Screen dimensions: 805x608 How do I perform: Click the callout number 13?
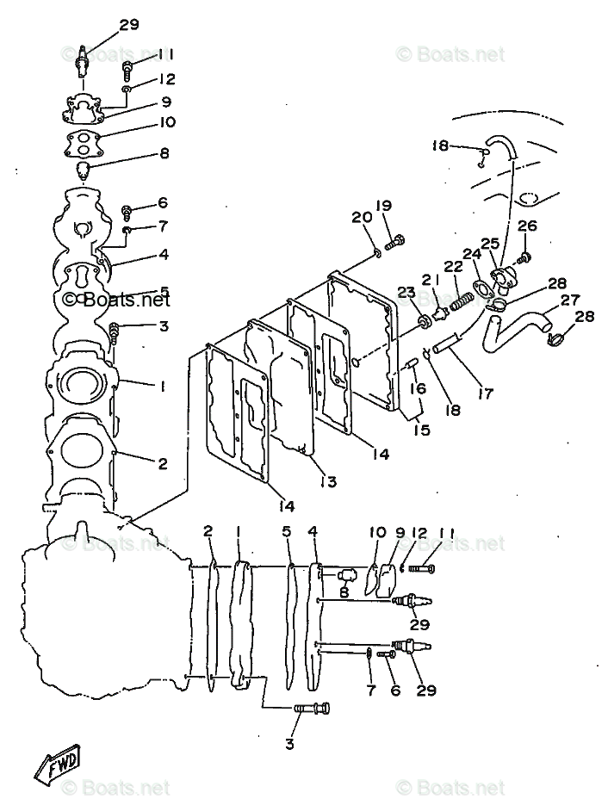click(x=329, y=480)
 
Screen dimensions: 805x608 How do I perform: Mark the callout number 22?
click(x=454, y=266)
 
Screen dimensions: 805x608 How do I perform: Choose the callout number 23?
click(x=406, y=294)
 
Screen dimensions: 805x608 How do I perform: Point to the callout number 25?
click(x=491, y=245)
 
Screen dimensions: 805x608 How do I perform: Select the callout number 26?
click(x=527, y=226)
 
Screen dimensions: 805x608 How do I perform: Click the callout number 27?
click(x=570, y=300)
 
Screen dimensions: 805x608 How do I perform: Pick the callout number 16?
click(x=417, y=388)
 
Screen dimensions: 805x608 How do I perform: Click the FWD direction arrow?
click(x=60, y=762)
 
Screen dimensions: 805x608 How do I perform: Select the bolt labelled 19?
click(x=397, y=243)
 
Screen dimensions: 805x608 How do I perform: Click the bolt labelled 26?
click(x=525, y=257)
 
